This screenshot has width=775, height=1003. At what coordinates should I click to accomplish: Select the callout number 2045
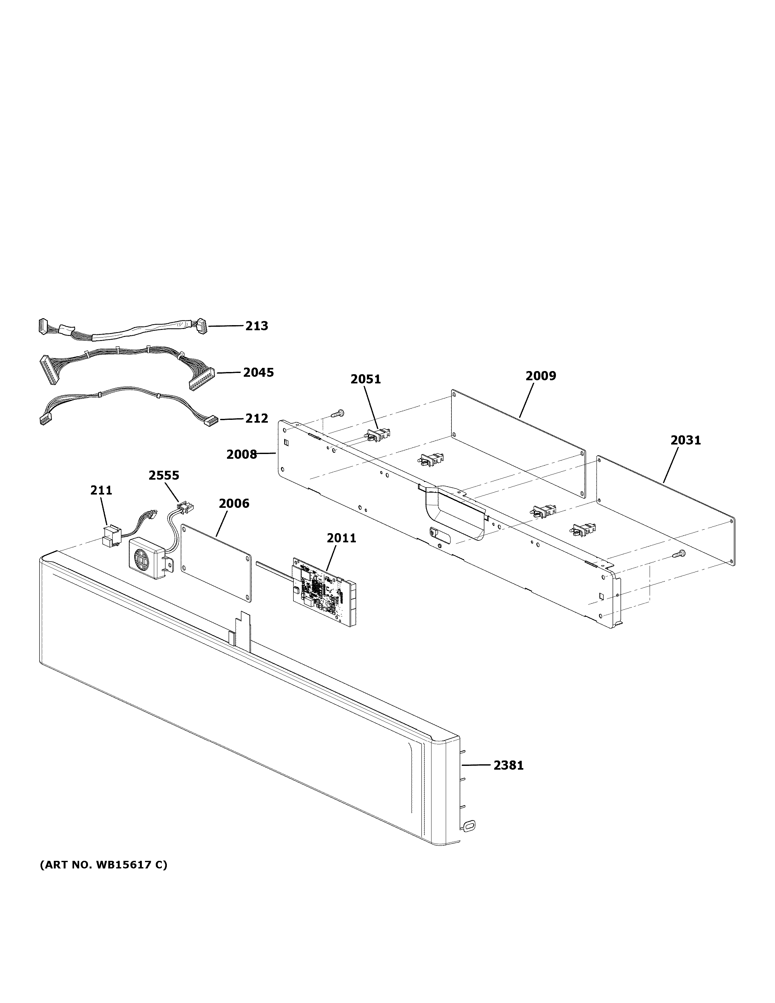(x=258, y=372)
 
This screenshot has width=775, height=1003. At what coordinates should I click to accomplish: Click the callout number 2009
(x=540, y=376)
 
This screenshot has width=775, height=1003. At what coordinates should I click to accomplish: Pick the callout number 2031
(x=685, y=440)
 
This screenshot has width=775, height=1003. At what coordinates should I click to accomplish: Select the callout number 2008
(x=242, y=454)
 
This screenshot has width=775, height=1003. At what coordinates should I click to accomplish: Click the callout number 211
(x=101, y=490)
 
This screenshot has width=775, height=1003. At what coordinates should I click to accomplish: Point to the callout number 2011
(x=341, y=538)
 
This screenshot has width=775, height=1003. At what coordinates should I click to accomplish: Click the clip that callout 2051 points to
(x=378, y=434)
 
